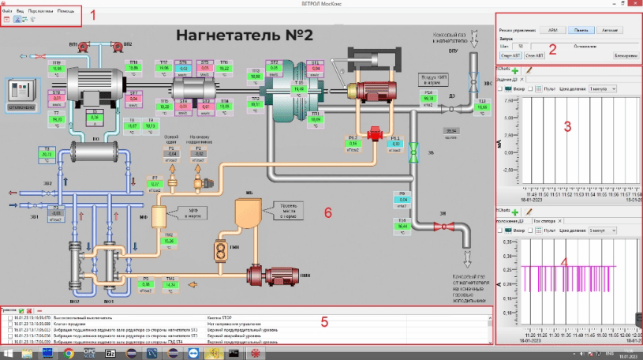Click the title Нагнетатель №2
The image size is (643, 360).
tap(245, 36)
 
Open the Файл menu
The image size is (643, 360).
tap(7, 10)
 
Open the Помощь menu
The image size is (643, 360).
tap(66, 10)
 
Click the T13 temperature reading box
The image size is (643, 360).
tap(482, 109)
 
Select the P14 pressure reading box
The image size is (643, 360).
tap(428, 99)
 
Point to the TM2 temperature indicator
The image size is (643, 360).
tap(169, 240)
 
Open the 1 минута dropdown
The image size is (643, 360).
tap(600, 88)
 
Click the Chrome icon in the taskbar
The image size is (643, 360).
tap(69, 353)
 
